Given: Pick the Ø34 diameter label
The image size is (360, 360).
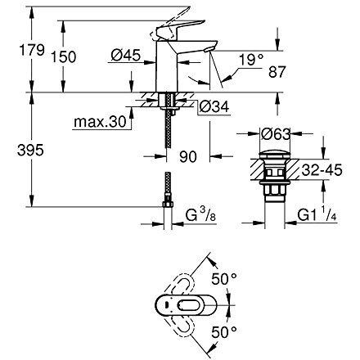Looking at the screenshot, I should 211,106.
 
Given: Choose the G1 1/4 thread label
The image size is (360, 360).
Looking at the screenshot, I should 317,218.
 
